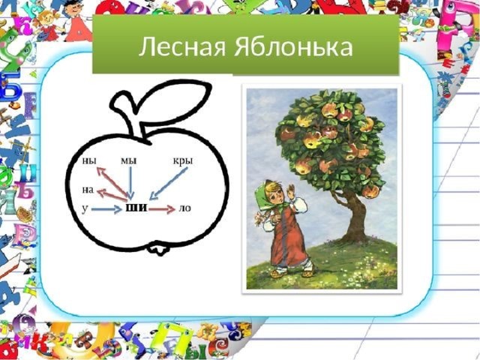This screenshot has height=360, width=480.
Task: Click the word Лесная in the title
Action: click(182, 47)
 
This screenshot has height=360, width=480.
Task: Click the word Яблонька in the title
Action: click(293, 46)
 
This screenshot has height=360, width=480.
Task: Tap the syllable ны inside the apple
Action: click(89, 160)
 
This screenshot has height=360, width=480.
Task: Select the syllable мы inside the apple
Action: click(128, 160)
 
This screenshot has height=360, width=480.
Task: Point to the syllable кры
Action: click(183, 161)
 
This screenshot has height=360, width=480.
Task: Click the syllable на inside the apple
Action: click(88, 190)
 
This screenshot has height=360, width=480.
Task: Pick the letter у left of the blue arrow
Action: click(85, 208)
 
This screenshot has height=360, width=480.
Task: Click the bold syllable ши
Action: click(136, 208)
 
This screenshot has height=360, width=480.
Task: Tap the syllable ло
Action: click(184, 208)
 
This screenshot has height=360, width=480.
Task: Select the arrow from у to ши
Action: click(106, 209)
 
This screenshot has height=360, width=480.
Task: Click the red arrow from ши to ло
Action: click(162, 209)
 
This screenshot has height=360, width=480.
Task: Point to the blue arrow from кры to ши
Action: click(168, 184)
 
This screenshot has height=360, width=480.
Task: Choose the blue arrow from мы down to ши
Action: click(130, 183)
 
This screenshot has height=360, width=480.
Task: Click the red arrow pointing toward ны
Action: click(112, 183)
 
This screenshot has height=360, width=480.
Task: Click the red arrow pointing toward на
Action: click(112, 196)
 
